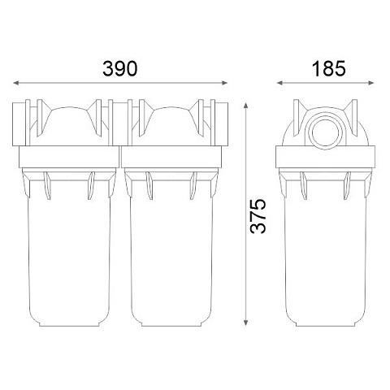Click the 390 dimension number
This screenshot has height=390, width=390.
[x=120, y=68]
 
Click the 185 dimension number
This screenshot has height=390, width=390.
[x=328, y=68]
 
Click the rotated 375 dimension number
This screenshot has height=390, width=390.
[x=258, y=216]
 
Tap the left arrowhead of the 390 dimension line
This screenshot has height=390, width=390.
[x=16, y=83]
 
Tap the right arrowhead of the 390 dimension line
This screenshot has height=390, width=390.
[x=224, y=83]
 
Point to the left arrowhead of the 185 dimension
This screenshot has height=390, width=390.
[x=279, y=83]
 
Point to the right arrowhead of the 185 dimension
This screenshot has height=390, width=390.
[x=371, y=83]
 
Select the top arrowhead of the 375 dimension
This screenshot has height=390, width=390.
[x=245, y=106]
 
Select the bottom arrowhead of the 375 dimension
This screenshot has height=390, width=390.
[x=245, y=323]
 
